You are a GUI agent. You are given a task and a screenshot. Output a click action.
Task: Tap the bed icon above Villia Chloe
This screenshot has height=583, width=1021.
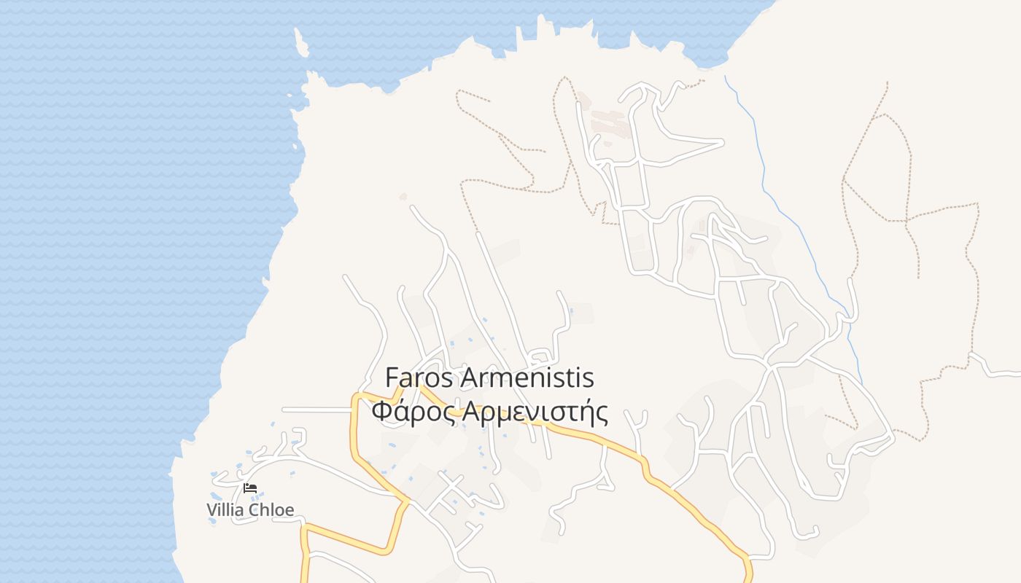tap(250, 488)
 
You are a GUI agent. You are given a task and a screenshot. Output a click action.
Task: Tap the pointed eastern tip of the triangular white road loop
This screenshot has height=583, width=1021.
tap(722, 141)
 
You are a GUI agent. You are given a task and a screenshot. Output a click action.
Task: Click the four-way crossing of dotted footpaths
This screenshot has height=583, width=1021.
tap(907, 219)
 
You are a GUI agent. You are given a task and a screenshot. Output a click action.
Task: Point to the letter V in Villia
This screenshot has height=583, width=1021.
tap(212, 509)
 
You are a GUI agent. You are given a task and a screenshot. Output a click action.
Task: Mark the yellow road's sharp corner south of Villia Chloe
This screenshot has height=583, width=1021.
tap(305, 526)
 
